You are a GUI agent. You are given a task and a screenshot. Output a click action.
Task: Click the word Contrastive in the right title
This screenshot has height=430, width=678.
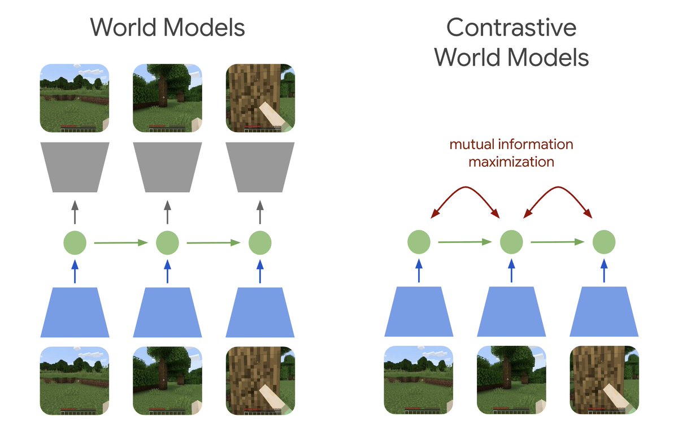pos(511,28)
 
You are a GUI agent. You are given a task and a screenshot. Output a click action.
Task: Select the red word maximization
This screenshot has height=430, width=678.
pos(511,162)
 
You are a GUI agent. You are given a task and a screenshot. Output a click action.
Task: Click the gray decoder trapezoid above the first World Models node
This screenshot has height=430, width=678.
pos(75,167)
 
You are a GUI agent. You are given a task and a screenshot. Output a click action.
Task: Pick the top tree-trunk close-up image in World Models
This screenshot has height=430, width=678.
pos(260,98)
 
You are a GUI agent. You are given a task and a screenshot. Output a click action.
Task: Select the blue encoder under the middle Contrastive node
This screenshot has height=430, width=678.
pos(511,312)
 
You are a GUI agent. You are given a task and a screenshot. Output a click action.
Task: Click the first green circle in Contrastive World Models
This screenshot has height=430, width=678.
pos(419,242)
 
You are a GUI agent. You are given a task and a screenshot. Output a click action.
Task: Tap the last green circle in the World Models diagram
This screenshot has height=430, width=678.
pos(260,243)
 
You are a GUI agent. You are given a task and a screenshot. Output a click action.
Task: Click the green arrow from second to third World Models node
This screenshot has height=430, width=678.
pos(214,243)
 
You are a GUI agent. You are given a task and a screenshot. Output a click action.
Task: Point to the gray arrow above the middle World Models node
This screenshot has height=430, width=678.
pos(167,212)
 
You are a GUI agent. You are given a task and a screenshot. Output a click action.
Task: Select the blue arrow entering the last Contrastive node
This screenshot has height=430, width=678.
pos(604,271)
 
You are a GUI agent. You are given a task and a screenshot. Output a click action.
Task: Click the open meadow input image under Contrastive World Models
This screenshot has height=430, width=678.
pos(419,380)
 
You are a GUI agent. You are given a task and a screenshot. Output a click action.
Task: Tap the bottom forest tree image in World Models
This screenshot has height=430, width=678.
pos(167,381)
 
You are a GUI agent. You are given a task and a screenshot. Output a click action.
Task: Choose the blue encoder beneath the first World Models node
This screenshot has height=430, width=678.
pos(75,312)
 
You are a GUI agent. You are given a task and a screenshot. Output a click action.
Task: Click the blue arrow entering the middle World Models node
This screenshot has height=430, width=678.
pos(167,271)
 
